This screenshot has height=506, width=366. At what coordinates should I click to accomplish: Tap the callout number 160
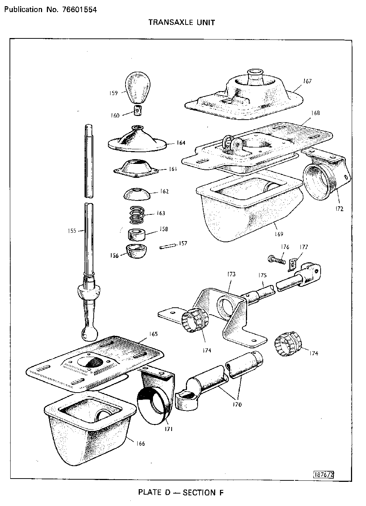click(x=115, y=116)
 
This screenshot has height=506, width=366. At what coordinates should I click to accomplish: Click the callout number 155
click(x=72, y=231)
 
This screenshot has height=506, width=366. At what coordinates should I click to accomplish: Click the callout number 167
click(x=307, y=81)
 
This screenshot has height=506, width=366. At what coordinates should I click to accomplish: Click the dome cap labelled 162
click(x=138, y=194)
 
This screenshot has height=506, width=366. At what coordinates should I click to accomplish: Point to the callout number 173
click(x=231, y=274)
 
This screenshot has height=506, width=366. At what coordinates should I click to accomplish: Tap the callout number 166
click(x=141, y=444)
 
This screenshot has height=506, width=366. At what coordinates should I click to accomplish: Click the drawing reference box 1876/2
click(x=324, y=475)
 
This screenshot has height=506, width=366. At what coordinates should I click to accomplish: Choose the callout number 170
click(x=237, y=405)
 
